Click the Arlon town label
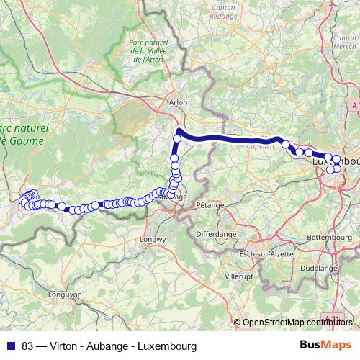pyautogui.click(x=178, y=102)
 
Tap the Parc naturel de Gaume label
pyautogui.click(x=22, y=134)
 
